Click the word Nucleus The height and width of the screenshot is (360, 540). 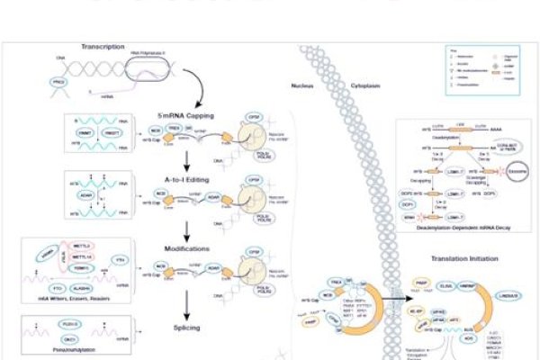pyautogui.click(x=302, y=86)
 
